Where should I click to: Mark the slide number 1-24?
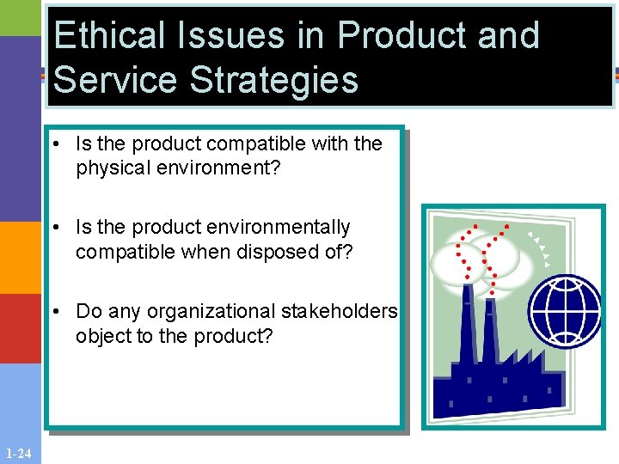pyautogui.click(x=19, y=454)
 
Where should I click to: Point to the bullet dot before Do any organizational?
pyautogui.click(x=55, y=312)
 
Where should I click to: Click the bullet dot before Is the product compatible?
pyautogui.click(x=55, y=144)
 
